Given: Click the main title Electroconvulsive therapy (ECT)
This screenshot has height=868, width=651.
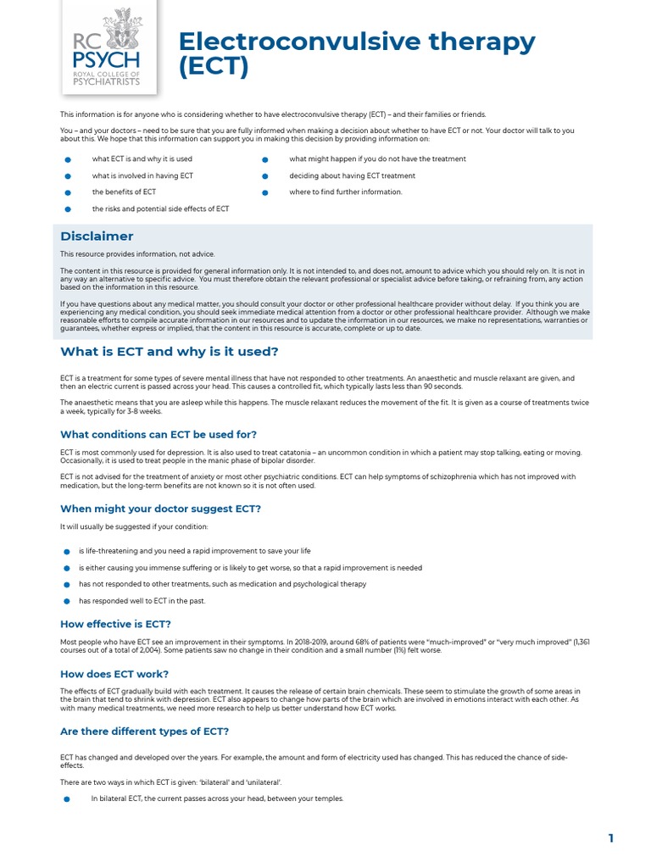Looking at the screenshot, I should pos(356,53).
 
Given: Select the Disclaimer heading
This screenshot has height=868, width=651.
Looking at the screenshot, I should pos(97,236).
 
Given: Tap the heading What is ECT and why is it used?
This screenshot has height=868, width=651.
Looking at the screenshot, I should pos(169,351).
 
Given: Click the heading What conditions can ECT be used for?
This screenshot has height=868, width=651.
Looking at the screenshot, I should pos(158,434).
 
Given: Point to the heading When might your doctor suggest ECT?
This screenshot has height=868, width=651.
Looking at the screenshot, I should pos(160,509).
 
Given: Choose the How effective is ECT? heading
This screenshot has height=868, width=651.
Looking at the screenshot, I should pos(115,624).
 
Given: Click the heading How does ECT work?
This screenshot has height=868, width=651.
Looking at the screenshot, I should pos(114,674).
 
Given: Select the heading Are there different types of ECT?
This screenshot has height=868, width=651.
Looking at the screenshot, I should pos(144,731).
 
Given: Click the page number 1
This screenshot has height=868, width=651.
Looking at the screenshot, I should pos(610,838).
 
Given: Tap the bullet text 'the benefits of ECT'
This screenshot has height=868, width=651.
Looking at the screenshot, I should pos(124,192).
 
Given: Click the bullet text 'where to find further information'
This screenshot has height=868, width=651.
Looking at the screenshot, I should pos(346,192).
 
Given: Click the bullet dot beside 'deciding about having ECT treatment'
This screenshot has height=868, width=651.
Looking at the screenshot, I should pos(265,176).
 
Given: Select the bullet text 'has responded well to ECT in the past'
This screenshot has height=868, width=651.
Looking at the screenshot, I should pos(142,601).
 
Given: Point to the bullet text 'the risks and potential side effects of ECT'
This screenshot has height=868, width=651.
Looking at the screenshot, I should pos(160,209).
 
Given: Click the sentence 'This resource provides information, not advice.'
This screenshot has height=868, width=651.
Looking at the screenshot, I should pos(137,254).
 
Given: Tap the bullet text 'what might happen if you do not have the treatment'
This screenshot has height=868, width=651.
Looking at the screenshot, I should pos(377,159).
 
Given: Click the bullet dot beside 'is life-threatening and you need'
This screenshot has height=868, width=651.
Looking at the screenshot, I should pos(68,552).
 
